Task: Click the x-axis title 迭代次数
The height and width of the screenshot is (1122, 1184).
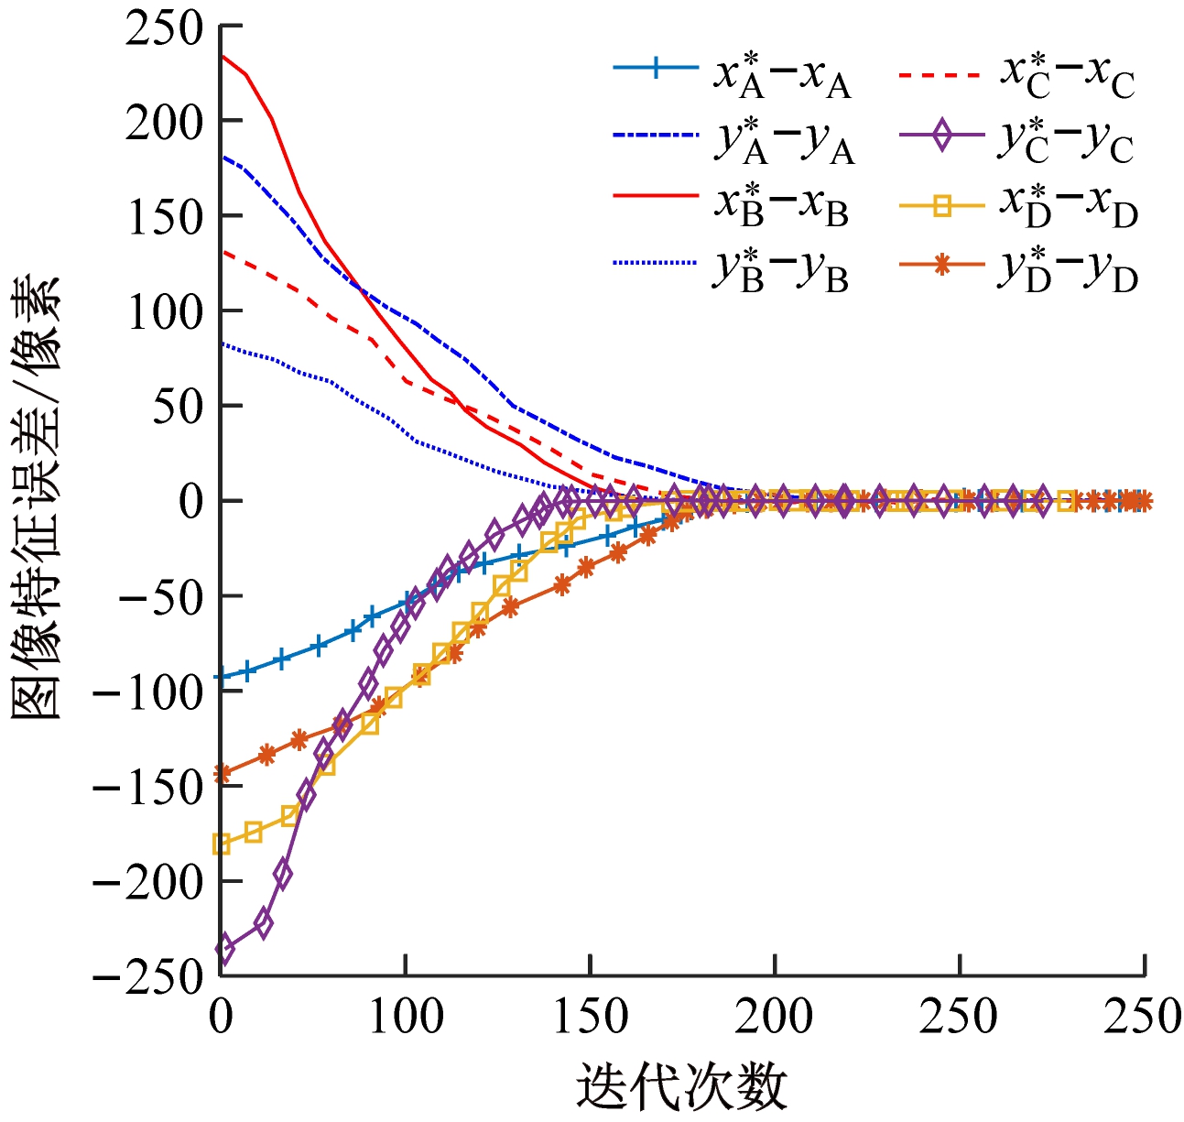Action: click(682, 1088)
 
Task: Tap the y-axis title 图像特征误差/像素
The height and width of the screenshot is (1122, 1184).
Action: click(37, 499)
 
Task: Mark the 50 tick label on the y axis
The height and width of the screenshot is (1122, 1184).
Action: click(178, 406)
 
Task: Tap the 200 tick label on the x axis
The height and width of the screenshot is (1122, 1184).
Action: click(775, 1017)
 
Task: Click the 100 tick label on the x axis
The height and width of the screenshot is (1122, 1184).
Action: click(405, 1017)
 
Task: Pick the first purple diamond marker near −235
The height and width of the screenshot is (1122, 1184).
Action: click(223, 949)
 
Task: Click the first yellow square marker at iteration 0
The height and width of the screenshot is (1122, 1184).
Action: click(221, 844)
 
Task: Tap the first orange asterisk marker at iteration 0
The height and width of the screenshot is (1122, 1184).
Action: click(221, 774)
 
